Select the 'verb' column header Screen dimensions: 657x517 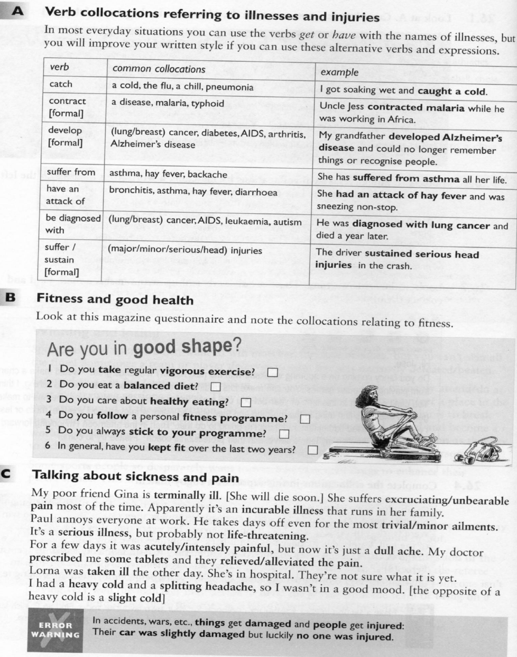point(59,67)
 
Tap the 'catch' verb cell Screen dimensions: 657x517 point(61,84)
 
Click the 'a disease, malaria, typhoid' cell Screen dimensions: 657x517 point(168,103)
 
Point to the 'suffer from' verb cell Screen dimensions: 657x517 point(71,172)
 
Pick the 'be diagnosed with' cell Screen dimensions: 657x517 point(72,224)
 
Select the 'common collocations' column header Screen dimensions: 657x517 point(159,69)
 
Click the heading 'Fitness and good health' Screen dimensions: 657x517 point(115,299)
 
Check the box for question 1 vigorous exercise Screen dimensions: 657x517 point(272,372)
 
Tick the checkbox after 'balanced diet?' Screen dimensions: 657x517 point(215,387)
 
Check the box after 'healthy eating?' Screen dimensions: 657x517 point(245,403)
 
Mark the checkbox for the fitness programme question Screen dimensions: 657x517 point(304,418)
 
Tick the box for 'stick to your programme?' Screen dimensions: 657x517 point(284,434)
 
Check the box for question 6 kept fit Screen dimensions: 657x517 point(312,450)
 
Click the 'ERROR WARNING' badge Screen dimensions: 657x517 point(55,629)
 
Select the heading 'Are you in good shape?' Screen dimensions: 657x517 point(144,349)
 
